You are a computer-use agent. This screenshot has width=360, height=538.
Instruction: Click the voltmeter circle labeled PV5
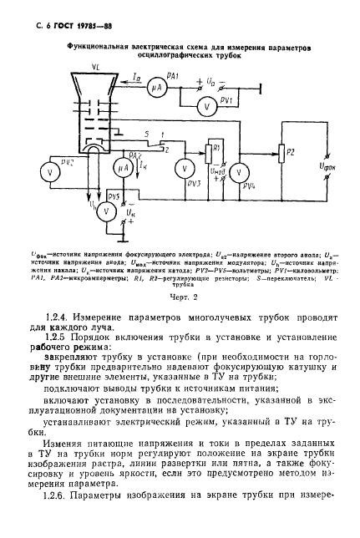point(105,211)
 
